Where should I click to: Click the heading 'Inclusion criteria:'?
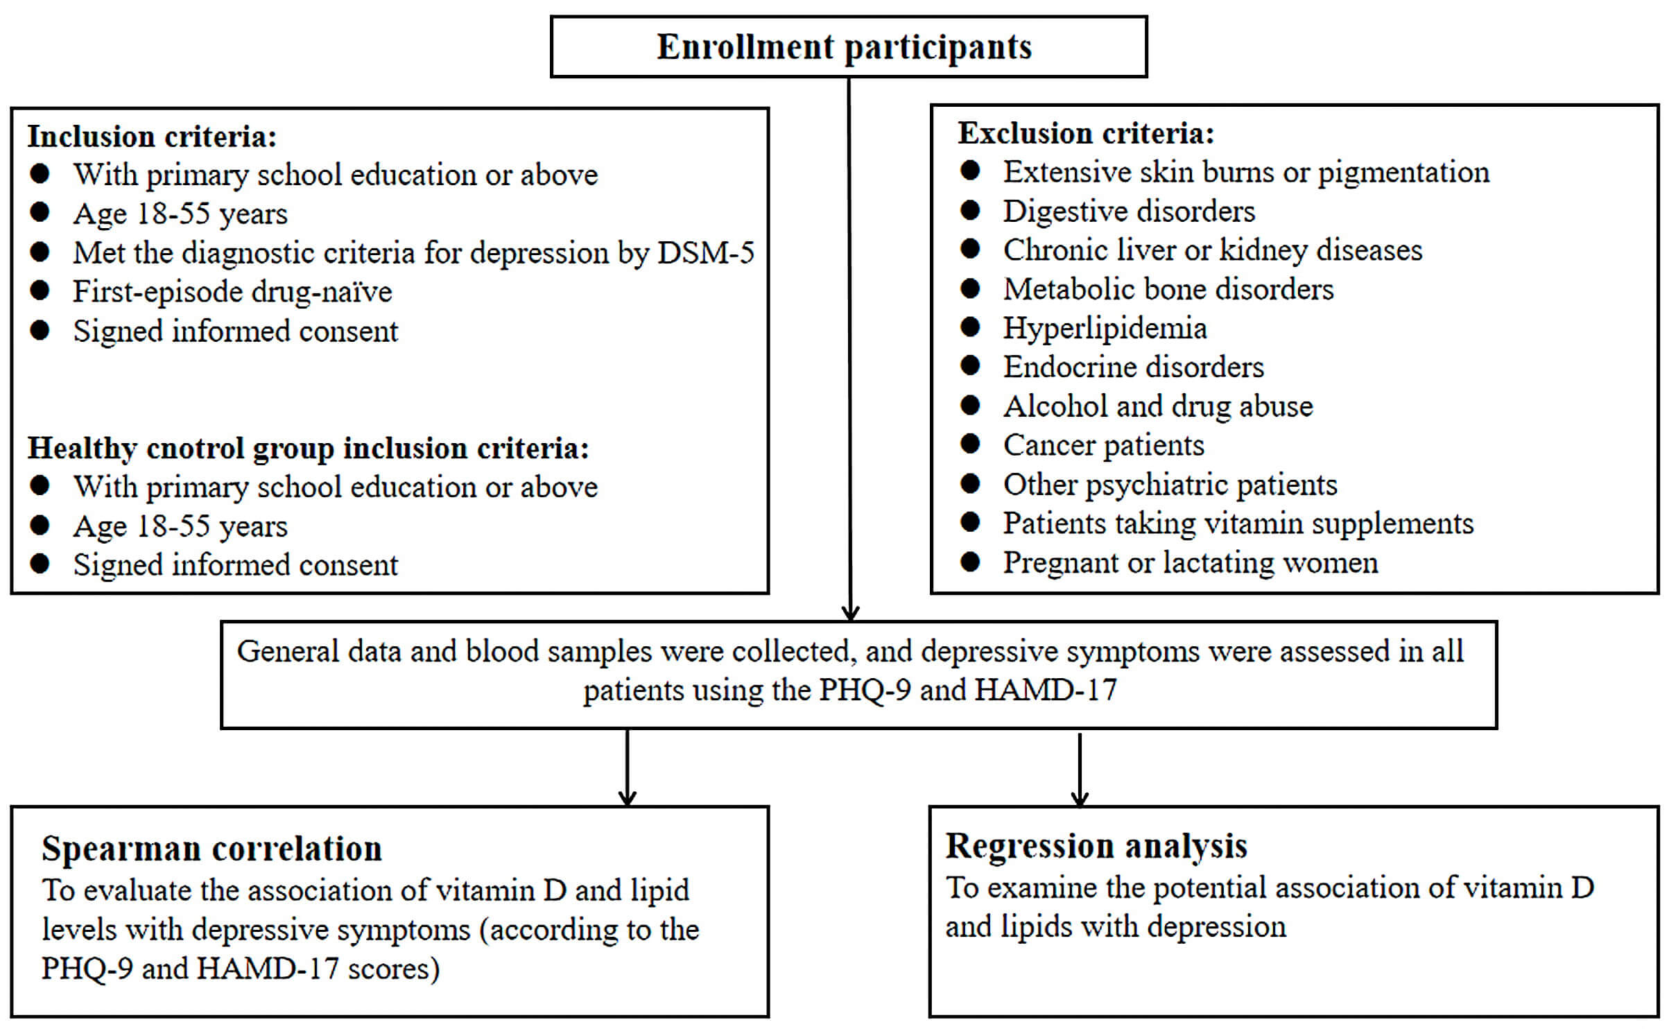tap(152, 137)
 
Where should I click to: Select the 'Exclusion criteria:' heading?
tap(1086, 133)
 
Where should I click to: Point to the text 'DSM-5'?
tap(706, 252)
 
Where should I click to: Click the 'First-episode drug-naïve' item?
tap(232, 292)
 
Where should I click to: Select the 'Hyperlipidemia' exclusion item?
tap(1105, 329)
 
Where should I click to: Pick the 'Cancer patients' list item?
tap(1103, 445)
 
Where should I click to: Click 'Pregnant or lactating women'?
tap(1191, 562)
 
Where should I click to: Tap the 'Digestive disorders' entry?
tap(1129, 211)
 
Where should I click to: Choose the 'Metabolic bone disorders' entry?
tap(1168, 289)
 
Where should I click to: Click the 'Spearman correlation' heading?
tap(211, 849)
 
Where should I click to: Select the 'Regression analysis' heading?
tap(1096, 846)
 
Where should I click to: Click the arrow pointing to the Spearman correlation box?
tap(628, 768)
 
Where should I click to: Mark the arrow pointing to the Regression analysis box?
tap(1080, 770)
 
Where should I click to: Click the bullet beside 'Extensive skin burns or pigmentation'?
tap(970, 170)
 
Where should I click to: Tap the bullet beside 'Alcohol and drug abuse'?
tap(970, 404)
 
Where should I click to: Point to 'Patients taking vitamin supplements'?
tap(1238, 524)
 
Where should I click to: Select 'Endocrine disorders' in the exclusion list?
tap(1133, 367)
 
